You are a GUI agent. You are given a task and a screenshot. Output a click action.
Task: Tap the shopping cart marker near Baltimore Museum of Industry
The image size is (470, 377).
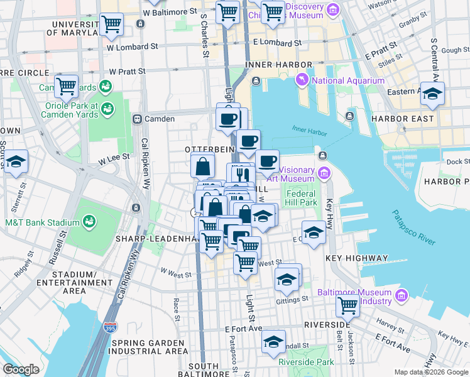pyautogui.click(x=347, y=305)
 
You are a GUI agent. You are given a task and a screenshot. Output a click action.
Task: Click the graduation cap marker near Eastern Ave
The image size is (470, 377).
pyautogui.click(x=432, y=93)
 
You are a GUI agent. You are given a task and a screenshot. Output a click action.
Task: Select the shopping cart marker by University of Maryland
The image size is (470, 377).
pyautogui.click(x=111, y=25)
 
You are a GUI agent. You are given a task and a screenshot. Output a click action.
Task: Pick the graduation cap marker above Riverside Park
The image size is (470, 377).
pyautogui.click(x=273, y=341)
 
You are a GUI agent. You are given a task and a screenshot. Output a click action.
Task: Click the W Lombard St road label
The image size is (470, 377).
pyautogui.click(x=132, y=46)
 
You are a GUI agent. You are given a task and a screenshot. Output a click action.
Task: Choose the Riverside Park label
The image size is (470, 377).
pyautogui.click(x=307, y=362)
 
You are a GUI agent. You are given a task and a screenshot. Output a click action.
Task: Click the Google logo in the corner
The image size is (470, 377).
pyautogui.click(x=21, y=369)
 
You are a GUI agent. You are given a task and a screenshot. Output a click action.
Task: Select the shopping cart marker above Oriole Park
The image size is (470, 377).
pyautogui.click(x=66, y=87)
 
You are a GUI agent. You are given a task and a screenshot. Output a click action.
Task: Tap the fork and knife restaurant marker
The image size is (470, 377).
pyautogui.click(x=242, y=173)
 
